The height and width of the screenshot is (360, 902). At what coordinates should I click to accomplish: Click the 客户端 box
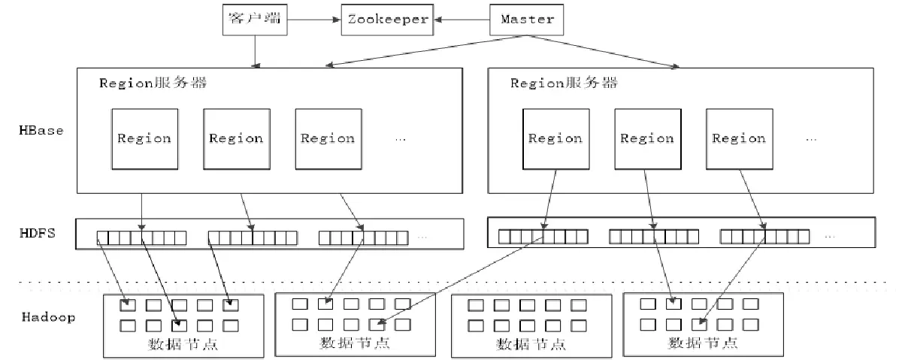[x=255, y=19]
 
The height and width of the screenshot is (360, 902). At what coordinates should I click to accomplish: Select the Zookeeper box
[x=387, y=19]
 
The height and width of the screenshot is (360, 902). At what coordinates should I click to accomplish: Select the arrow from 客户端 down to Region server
[x=256, y=50]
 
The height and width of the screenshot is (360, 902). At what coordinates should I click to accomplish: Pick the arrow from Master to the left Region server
[x=421, y=52]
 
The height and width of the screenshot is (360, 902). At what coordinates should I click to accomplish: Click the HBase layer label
[x=41, y=130]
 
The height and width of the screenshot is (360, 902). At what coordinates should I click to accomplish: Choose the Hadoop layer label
[x=48, y=317]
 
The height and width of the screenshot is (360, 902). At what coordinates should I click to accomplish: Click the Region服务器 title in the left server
[x=153, y=83]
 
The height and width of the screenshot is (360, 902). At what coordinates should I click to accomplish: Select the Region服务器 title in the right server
[x=565, y=83]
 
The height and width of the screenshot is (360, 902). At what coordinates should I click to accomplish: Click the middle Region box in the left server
[x=236, y=138]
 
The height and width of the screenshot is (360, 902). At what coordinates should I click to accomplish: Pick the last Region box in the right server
[x=739, y=138]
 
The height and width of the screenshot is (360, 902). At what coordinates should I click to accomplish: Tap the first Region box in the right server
[x=555, y=138]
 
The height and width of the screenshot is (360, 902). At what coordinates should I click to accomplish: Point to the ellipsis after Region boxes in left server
[x=399, y=139]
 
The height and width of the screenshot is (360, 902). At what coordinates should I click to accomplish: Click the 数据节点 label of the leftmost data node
[x=183, y=344]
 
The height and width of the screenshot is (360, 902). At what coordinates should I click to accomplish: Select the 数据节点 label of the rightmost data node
[x=703, y=343]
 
